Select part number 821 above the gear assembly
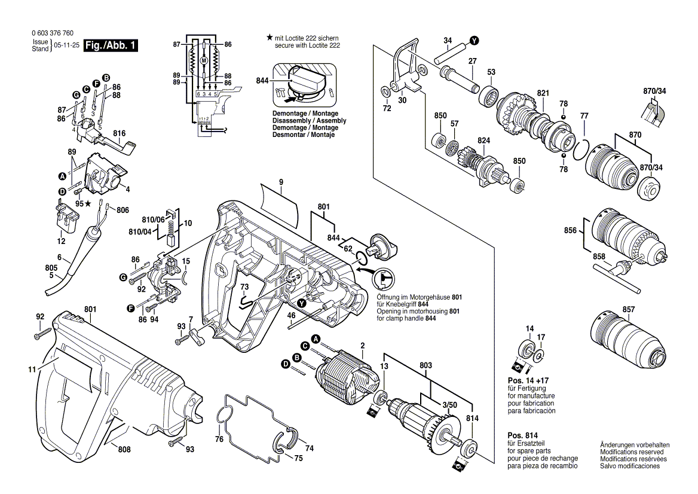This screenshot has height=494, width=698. [526, 93]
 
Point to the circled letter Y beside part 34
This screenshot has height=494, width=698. [474, 41]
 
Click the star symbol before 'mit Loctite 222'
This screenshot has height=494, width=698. [270, 37]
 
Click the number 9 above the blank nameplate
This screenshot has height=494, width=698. [281, 182]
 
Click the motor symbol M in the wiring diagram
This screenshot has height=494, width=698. [203, 61]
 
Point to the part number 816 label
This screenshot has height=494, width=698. [120, 132]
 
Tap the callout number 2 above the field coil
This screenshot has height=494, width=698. [362, 346]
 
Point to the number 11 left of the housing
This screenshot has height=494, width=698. [32, 370]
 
